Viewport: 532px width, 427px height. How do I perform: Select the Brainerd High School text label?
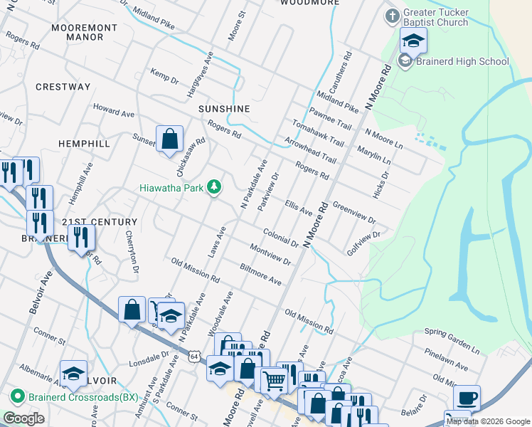click(463, 61)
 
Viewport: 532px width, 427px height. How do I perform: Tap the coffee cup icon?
click(467, 397)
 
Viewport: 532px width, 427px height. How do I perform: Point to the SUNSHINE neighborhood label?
click(224, 109)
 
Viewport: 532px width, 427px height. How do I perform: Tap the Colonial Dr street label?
click(280, 238)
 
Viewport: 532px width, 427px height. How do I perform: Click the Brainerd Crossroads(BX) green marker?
click(17, 396)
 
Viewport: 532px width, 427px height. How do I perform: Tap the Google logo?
click(24, 418)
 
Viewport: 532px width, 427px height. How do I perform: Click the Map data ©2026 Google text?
click(487, 421)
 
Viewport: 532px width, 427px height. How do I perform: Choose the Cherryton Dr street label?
click(132, 251)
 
